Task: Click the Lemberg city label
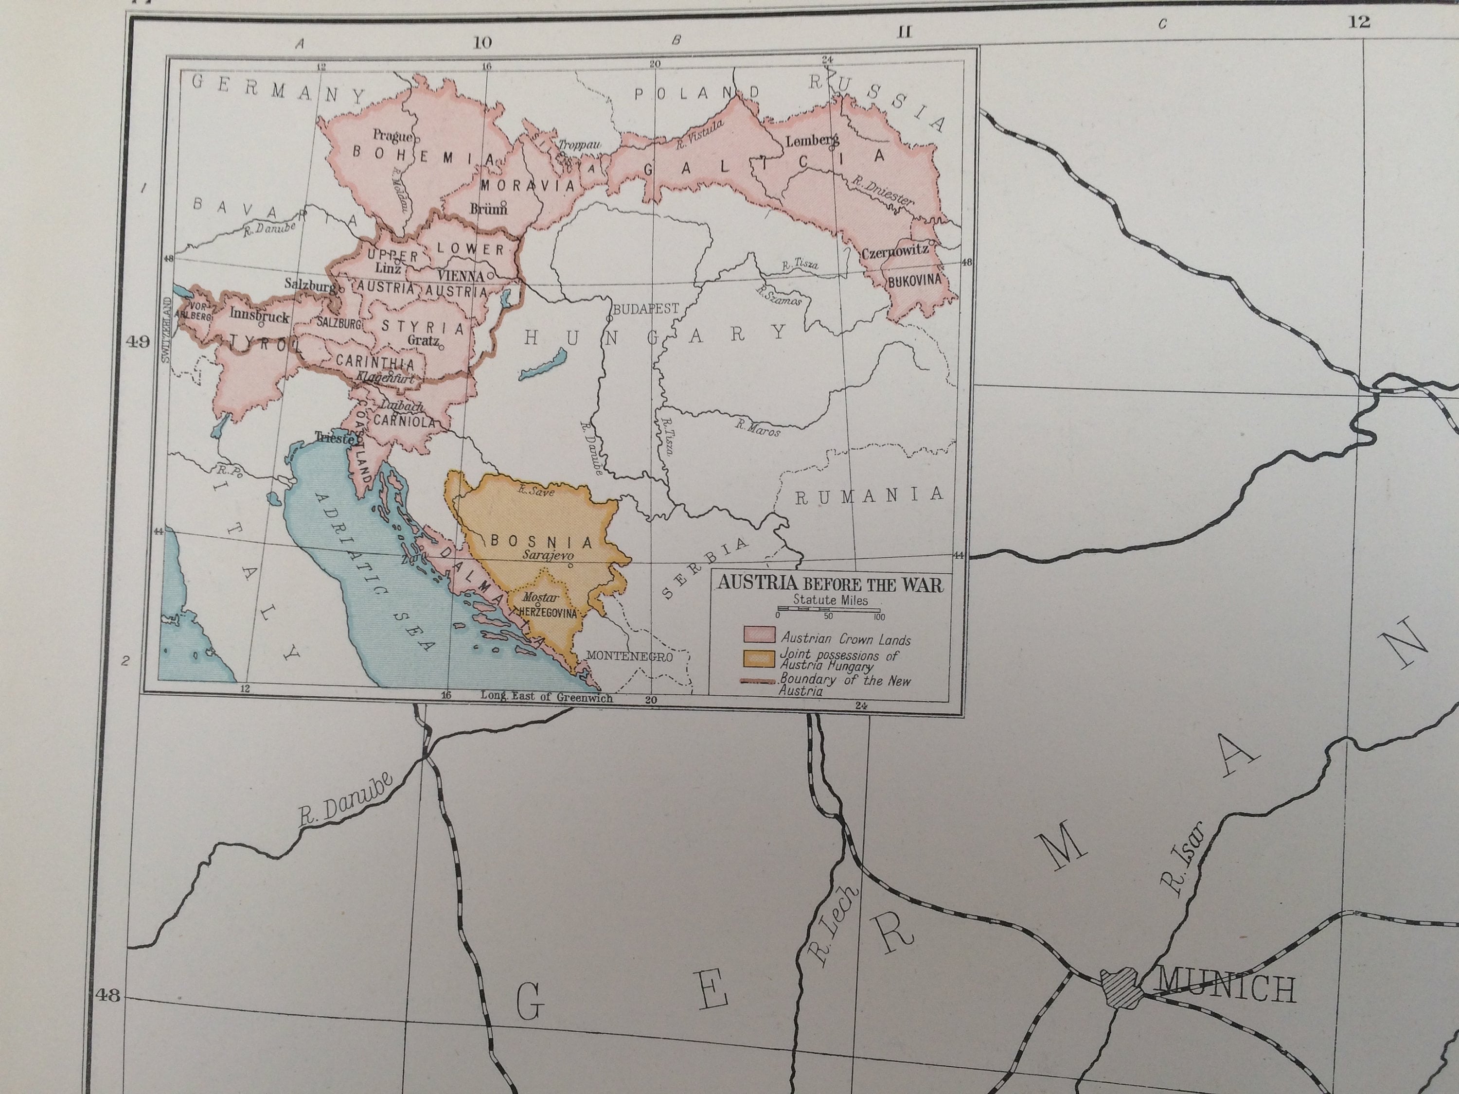click(x=811, y=140)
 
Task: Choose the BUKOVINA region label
click(x=915, y=280)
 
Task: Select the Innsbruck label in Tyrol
click(x=259, y=316)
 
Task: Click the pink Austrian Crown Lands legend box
click(x=759, y=635)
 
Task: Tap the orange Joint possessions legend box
click(x=759, y=659)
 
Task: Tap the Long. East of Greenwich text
click(x=546, y=696)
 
